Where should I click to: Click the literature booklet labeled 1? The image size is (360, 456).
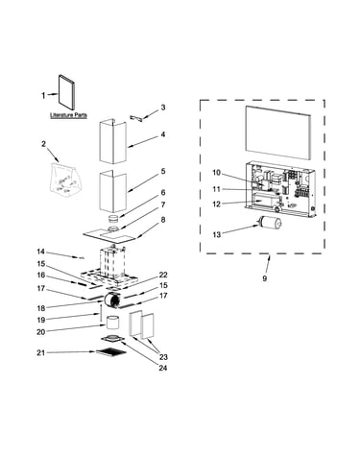tap(67, 92)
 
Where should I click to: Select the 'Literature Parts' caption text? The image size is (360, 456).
tap(68, 115)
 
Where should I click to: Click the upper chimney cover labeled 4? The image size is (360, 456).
tap(112, 141)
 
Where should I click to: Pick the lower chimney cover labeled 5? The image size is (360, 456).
tap(112, 191)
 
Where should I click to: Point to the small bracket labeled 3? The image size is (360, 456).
tap(136, 117)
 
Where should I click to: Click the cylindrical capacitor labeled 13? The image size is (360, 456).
tap(270, 222)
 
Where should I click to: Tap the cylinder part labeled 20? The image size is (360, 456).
tap(112, 324)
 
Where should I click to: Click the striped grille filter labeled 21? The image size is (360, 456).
tap(111, 352)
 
